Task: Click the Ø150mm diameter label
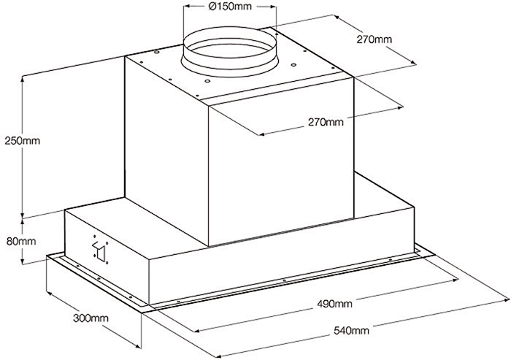coord(230,6)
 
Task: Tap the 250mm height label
coord(22,140)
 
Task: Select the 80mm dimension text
coord(21,242)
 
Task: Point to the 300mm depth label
coord(91,318)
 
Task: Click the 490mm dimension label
coord(334,304)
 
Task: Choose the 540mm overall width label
coord(351,331)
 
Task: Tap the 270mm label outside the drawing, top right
coord(374,39)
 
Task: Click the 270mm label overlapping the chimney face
coord(326,122)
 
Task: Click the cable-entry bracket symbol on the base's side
coord(101,250)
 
